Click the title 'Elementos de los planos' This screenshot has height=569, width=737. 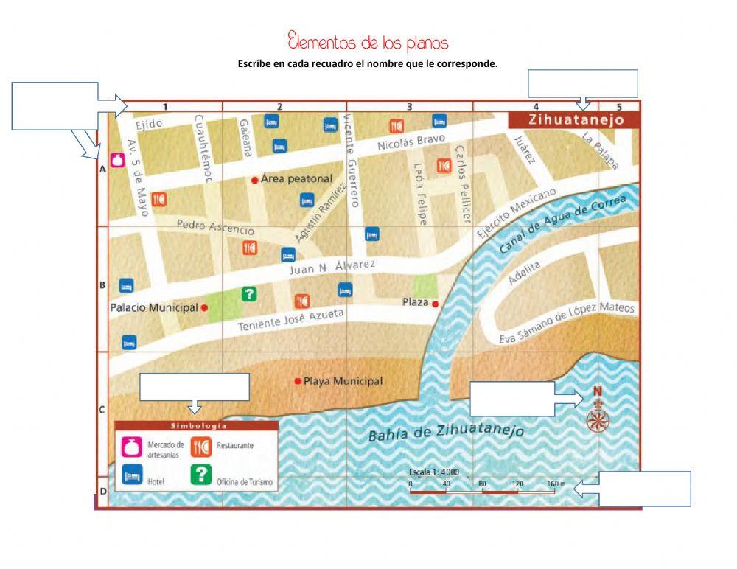[368, 41]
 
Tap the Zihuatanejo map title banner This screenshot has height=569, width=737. [576, 119]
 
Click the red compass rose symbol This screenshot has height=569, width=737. [598, 419]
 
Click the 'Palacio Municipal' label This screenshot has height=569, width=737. [154, 307]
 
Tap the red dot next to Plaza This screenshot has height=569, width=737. [436, 304]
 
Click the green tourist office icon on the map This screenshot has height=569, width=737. [249, 294]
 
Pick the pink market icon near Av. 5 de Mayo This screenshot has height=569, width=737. [116, 160]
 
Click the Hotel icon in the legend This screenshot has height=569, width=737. [132, 477]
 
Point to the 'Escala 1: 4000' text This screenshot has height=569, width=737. [434, 472]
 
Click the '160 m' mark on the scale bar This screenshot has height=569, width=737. [556, 484]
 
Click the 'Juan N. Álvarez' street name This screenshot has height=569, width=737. [332, 267]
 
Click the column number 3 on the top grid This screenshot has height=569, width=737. [410, 107]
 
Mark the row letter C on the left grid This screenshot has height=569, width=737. [102, 410]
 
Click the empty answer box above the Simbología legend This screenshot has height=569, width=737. [195, 387]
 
